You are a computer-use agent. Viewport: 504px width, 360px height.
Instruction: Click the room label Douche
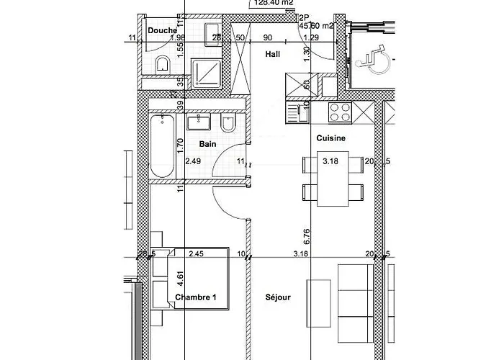pos(163,31)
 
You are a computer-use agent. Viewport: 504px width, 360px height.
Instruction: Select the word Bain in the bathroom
pos(208,144)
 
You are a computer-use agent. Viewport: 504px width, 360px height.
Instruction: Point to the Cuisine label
pos(331,138)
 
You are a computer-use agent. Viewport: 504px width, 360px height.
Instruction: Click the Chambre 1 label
pos(195,297)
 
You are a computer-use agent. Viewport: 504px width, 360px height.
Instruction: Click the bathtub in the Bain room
pos(161,147)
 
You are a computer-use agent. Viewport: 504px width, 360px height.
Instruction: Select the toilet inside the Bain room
pos(228,127)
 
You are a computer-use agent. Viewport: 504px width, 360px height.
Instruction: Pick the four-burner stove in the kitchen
pos(339,111)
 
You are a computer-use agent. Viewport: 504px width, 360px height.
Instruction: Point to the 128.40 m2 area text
pos(273,3)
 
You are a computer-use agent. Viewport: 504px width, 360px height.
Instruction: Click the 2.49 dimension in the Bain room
pos(192,161)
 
